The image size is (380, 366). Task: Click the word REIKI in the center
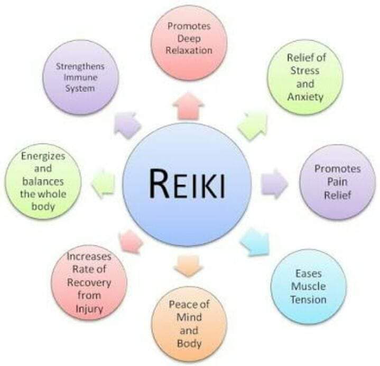(187, 183)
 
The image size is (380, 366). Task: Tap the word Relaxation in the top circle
(189, 50)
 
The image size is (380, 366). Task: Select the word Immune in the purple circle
(80, 78)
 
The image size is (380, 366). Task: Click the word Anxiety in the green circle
(305, 97)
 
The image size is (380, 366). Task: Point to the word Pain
(337, 182)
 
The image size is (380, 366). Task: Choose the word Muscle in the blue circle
(309, 286)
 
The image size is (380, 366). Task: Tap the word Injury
(89, 309)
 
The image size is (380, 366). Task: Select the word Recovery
(89, 283)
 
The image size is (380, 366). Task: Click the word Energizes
(43, 156)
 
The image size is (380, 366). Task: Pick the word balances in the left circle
(43, 182)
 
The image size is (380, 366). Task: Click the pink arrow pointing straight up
(189, 106)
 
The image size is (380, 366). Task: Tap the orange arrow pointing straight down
(189, 266)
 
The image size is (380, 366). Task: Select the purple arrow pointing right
(275, 184)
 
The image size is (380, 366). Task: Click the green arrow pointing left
(103, 184)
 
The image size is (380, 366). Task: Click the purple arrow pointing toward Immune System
(127, 125)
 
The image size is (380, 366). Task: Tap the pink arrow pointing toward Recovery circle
(131, 241)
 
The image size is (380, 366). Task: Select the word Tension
(309, 299)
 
